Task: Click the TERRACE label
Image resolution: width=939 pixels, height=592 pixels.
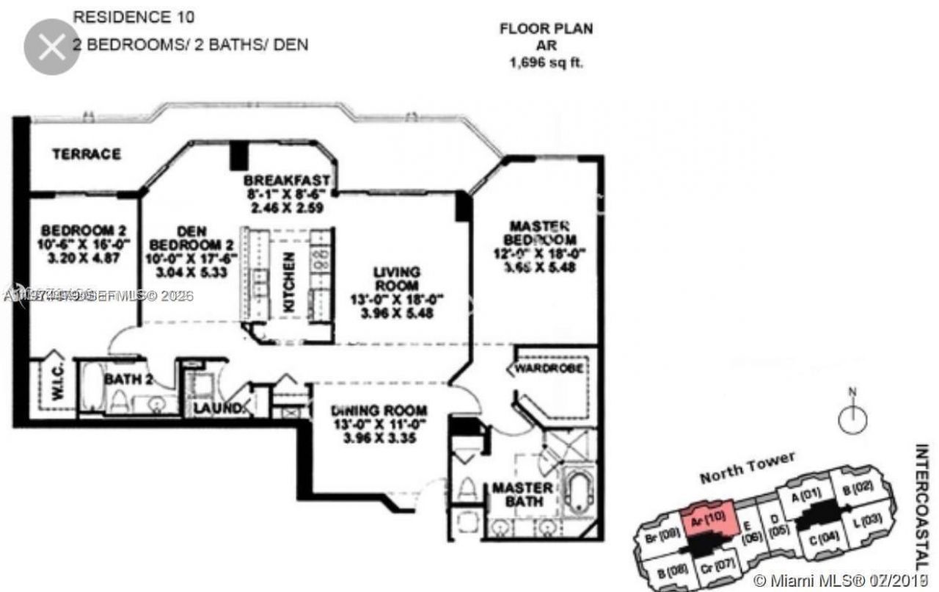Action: click(x=86, y=154)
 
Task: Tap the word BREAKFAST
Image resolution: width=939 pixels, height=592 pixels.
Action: click(x=287, y=181)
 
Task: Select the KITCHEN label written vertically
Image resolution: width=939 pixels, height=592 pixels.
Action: click(x=290, y=283)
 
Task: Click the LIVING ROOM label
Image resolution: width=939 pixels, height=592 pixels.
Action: click(x=397, y=278)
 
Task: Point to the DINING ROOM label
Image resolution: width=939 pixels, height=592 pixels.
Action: click(x=379, y=411)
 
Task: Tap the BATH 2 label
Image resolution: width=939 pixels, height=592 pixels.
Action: click(x=128, y=380)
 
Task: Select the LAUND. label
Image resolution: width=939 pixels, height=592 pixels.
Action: click(x=218, y=408)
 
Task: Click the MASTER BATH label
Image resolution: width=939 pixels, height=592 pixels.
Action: click(x=522, y=494)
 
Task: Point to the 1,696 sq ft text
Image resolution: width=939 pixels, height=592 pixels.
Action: click(x=547, y=63)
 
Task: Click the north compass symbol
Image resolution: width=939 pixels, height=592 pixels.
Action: click(x=852, y=419)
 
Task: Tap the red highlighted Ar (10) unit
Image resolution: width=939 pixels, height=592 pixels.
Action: click(x=708, y=518)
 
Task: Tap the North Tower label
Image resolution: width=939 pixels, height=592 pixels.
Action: click(x=747, y=468)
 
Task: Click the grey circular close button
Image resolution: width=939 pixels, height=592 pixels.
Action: click(x=51, y=47)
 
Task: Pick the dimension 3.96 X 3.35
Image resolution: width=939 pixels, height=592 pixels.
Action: click(x=379, y=441)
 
